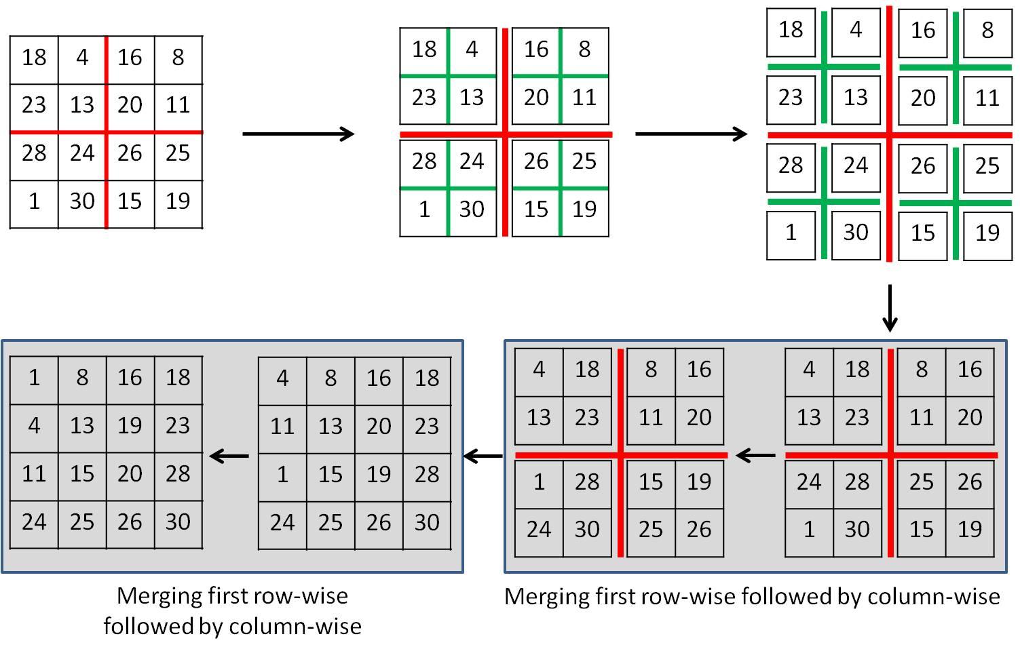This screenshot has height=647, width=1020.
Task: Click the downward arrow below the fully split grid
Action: point(889,308)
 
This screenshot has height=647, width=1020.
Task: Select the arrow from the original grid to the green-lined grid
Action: point(299,134)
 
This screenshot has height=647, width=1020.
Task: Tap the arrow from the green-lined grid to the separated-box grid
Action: point(691,134)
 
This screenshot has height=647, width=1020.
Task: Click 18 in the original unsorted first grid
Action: point(34,58)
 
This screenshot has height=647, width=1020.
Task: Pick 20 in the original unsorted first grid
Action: point(130,105)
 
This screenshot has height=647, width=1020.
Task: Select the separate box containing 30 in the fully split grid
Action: point(856,233)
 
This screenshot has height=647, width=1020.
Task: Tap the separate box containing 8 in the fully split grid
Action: point(987,31)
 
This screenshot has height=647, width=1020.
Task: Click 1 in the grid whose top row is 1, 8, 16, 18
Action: point(34,378)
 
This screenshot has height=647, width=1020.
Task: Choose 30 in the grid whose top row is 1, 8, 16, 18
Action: point(178,522)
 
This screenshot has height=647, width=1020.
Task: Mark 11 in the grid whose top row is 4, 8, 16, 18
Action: point(282,427)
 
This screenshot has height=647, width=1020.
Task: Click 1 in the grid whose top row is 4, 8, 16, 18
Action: point(282,475)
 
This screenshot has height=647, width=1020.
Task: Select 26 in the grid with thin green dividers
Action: point(536,161)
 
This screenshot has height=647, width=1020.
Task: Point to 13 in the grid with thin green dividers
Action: point(472,98)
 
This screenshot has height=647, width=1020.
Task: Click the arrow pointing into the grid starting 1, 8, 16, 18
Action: point(229,456)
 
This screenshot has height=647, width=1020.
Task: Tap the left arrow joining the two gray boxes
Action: point(483,456)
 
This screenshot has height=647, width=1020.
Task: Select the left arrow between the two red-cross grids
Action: point(755,455)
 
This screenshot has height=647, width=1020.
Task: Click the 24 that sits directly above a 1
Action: point(809,482)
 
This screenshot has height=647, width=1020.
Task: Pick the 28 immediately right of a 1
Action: point(587,482)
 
